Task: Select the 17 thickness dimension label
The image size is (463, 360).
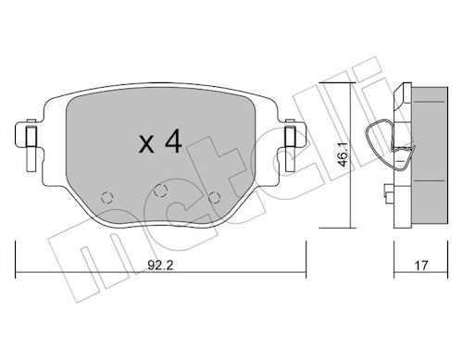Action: tap(421, 263)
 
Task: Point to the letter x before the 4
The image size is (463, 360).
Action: tap(144, 146)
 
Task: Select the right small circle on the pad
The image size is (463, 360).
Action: tap(216, 195)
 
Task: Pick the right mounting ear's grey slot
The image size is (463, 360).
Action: tap(289, 138)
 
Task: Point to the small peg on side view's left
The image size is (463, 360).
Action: tap(384, 194)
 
